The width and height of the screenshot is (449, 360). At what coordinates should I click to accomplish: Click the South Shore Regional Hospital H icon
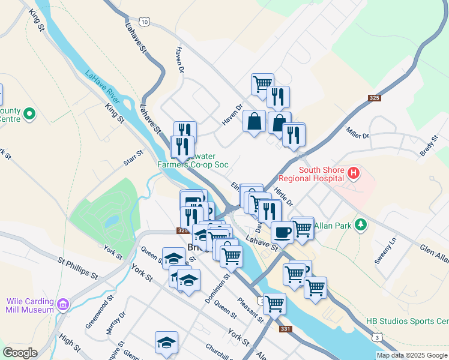354,174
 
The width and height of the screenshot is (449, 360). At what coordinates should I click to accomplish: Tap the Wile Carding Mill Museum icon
62,306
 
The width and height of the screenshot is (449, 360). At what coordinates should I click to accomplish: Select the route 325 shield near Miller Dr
375,98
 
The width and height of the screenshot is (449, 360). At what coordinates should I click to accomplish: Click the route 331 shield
285,329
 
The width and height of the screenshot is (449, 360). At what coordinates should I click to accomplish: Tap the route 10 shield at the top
146,22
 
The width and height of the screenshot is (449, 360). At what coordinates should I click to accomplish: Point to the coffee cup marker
282,232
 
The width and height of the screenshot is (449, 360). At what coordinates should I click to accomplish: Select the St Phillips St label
77,268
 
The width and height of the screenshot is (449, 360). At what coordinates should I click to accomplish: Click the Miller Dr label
357,133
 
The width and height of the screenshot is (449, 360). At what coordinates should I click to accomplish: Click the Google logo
20,353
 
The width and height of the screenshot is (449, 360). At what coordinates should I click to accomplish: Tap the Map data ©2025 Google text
411,355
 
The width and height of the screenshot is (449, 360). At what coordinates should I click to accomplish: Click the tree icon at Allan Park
360,224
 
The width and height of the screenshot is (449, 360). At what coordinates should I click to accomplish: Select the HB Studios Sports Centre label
407,322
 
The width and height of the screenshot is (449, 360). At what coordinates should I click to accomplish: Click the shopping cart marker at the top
262,84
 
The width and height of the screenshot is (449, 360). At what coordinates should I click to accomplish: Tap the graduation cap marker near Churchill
166,343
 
